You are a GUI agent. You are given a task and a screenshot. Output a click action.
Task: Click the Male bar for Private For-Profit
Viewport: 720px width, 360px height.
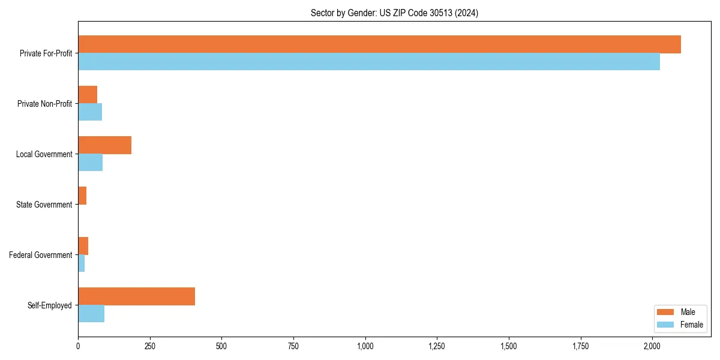point(379,44)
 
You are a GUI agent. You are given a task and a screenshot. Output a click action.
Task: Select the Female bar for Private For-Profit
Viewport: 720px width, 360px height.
point(369,62)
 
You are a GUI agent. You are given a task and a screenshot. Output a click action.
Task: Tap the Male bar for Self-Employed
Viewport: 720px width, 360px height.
point(136,296)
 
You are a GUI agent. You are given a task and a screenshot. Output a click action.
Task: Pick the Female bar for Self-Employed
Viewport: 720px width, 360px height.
point(91,314)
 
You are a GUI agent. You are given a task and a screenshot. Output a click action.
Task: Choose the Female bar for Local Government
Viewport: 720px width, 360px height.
point(90,163)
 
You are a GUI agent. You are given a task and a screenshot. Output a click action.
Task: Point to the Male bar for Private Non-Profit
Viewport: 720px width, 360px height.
point(88,95)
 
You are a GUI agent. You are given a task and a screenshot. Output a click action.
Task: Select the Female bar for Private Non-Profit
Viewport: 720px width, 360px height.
point(90,112)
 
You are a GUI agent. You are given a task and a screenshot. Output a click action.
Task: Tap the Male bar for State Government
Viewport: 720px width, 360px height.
point(82,196)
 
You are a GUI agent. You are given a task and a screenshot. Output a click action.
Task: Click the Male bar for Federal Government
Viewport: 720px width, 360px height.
point(83,246)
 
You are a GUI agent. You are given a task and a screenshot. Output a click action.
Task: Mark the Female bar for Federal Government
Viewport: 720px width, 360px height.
point(81,263)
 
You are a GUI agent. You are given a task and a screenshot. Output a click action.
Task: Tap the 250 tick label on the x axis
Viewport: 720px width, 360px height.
point(150,346)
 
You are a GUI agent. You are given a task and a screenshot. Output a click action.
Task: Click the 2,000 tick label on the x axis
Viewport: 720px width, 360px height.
point(652,346)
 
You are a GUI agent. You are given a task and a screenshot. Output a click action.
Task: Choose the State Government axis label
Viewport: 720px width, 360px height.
point(44,205)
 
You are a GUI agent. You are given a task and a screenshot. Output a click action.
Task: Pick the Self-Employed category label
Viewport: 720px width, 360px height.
point(50,305)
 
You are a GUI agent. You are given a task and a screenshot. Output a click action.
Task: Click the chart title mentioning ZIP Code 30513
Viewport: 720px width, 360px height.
point(394,13)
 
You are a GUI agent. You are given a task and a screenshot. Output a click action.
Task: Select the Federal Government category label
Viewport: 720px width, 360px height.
point(41,255)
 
